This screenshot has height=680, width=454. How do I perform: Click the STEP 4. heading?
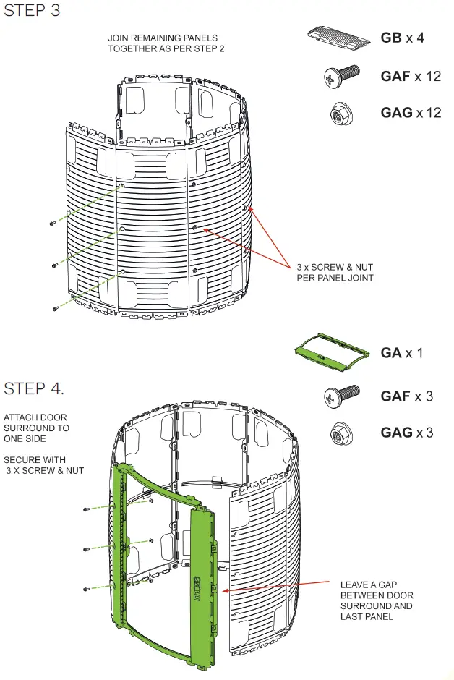pyautogui.click(x=34, y=388)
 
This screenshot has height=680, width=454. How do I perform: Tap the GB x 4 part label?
pyautogui.click(x=402, y=38)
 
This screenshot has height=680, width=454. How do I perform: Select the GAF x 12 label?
pyautogui.click(x=411, y=75)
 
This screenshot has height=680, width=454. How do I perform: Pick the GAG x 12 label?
pyautogui.click(x=411, y=113)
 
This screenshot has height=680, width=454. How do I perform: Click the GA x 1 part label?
pyautogui.click(x=402, y=353)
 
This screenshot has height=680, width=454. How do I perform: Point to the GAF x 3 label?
pyautogui.click(x=407, y=396)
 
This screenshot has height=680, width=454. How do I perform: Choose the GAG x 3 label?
pyautogui.click(x=407, y=433)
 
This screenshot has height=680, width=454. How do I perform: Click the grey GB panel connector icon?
pyautogui.click(x=338, y=35)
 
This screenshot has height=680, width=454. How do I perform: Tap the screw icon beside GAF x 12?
pyautogui.click(x=343, y=74)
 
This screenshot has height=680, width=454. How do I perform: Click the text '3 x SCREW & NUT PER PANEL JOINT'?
pyautogui.click(x=335, y=271)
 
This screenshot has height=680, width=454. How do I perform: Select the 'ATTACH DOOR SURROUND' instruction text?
pyautogui.click(x=37, y=428)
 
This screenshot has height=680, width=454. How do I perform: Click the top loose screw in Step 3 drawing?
pyautogui.click(x=53, y=224)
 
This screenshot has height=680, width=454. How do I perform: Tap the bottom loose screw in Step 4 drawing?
pyautogui.click(x=86, y=589)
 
